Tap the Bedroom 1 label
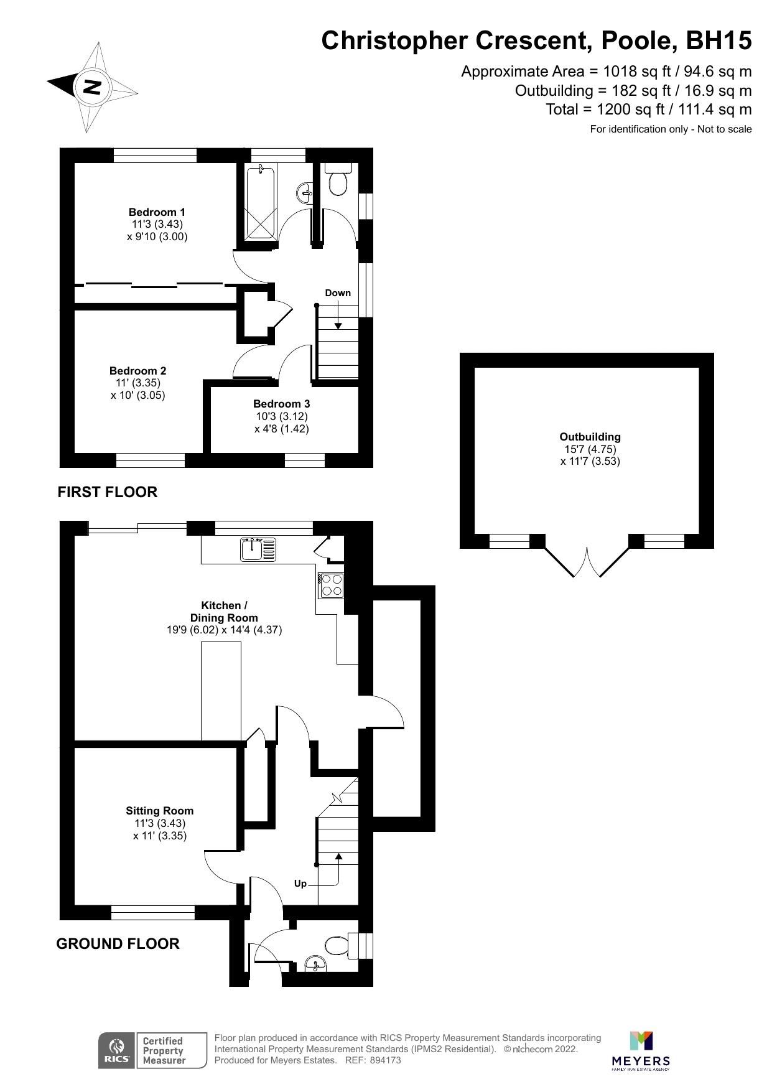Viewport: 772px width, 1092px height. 157,212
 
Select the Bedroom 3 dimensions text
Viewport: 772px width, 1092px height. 281,422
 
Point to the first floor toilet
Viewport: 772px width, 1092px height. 338,181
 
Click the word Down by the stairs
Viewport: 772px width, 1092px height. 338,293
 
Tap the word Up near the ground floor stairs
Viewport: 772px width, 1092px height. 300,884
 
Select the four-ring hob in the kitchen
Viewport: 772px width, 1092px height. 330,585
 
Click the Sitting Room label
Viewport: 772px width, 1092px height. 159,811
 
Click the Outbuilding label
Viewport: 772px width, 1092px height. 590,437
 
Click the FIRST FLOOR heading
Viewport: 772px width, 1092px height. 107,492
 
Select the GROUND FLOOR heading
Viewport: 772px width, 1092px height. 118,944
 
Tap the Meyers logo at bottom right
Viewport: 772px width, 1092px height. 641,1050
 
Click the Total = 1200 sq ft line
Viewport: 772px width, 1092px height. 648,110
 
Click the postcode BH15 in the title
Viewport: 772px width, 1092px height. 718,41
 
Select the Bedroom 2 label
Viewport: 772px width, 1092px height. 138,371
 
